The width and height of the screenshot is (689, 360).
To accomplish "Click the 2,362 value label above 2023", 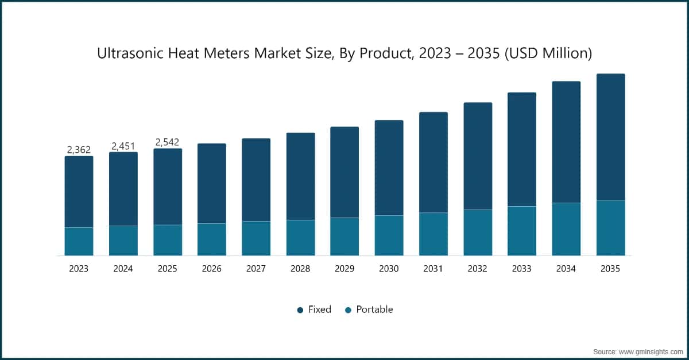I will tap(79, 150).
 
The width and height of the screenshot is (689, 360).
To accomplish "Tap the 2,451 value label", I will tap(123, 146).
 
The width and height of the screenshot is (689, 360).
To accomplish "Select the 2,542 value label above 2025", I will tap(168, 142).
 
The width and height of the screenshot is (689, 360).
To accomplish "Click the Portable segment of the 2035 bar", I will tap(610, 228).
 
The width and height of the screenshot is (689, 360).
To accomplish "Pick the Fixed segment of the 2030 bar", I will tap(389, 168).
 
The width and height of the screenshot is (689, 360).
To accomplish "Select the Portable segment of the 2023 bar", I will tap(79, 242).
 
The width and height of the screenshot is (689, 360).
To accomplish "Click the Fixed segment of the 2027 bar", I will tap(256, 180).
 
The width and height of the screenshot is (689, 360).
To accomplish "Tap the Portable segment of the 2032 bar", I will tap(478, 233).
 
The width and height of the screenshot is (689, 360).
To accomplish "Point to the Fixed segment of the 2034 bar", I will tap(566, 142).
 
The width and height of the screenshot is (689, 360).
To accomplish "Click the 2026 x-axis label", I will tap(212, 269).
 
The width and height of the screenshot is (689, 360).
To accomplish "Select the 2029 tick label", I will tap(344, 269).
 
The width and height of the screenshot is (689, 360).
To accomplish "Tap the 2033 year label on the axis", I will tap(522, 269).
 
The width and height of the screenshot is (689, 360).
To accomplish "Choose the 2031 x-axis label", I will tap(433, 269).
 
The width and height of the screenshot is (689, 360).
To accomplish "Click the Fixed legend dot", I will tap(300, 310).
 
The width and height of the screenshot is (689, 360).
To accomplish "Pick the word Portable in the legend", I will tap(374, 309).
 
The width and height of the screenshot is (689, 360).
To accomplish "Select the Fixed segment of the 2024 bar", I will tap(123, 189).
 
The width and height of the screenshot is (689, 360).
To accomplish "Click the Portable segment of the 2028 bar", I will tap(300, 238).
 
